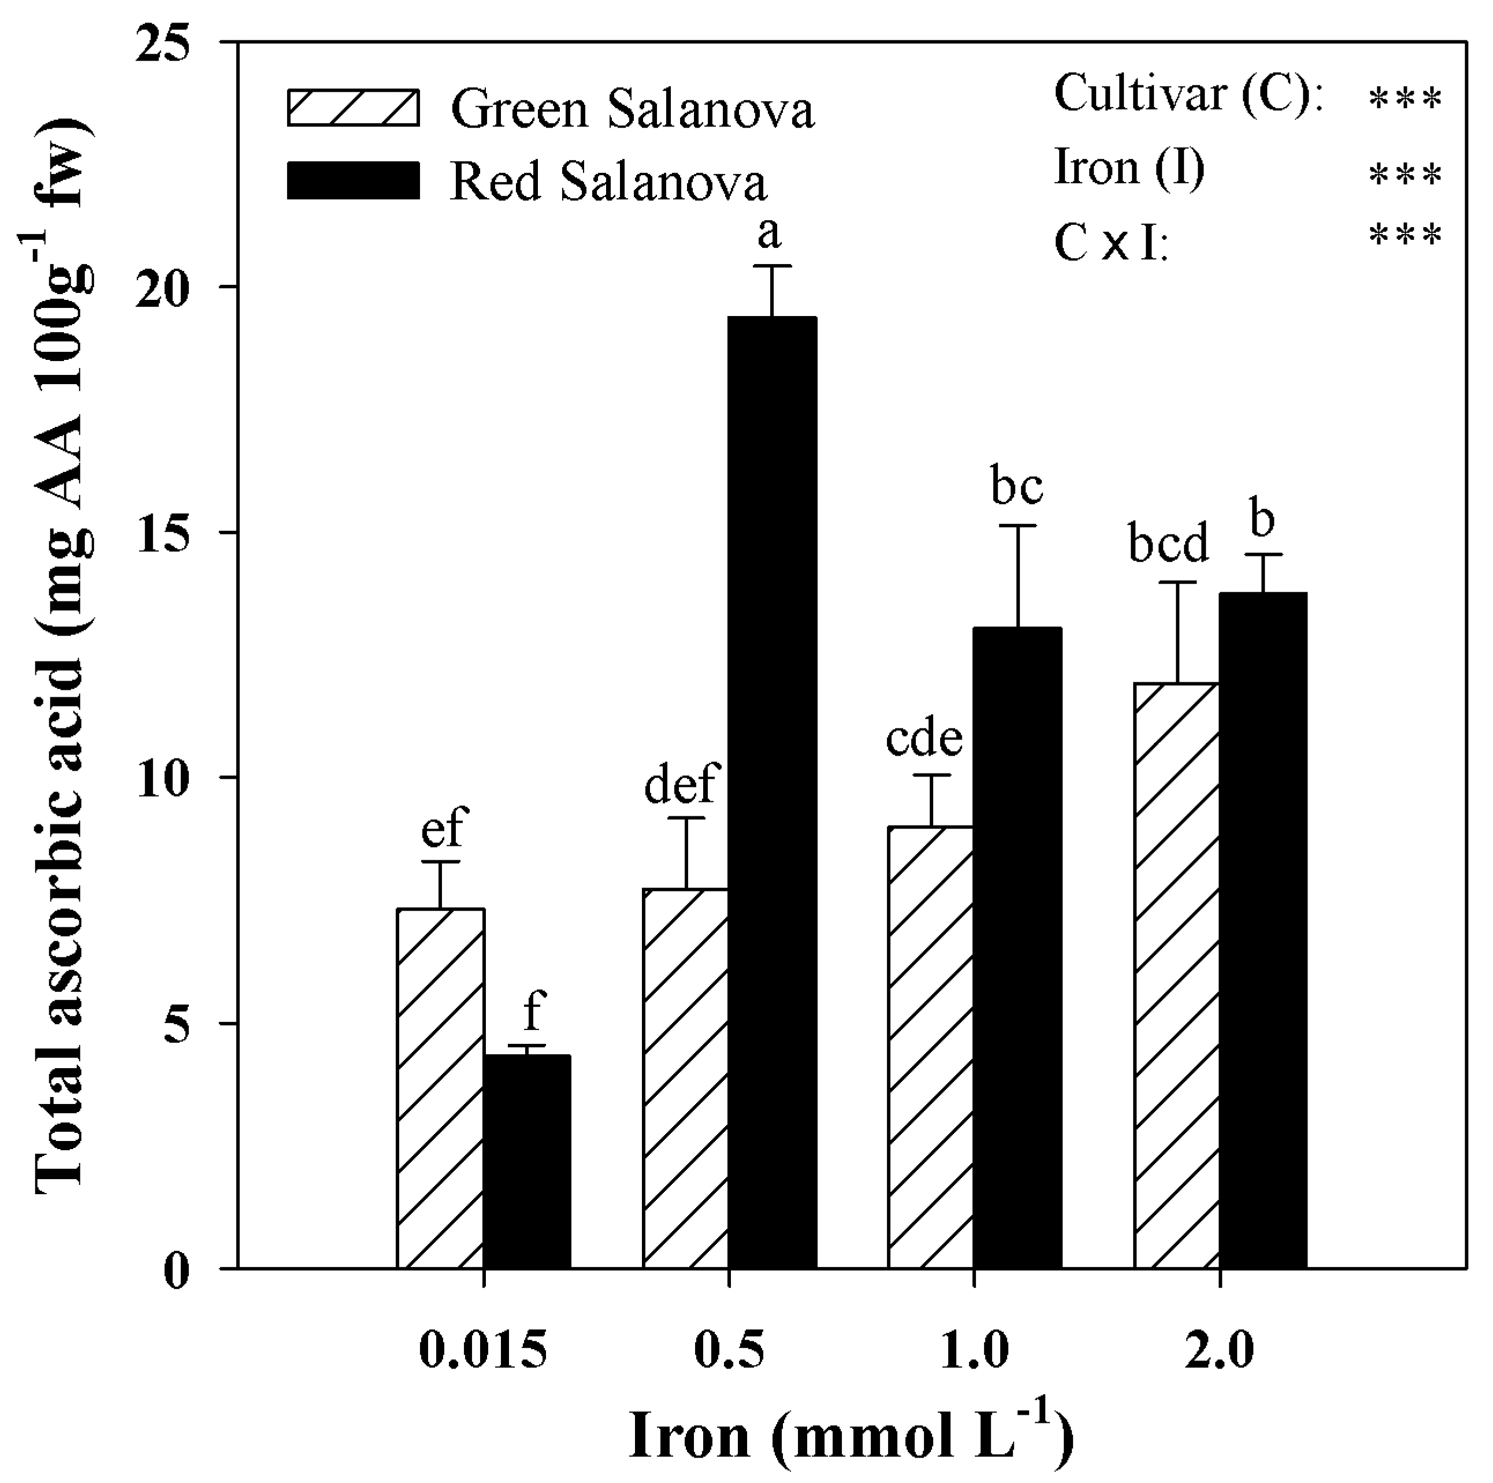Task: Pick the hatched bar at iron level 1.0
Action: (x=930, y=1047)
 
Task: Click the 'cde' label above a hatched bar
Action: (x=924, y=737)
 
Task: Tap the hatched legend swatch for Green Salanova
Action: (x=353, y=108)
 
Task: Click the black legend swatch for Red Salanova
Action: (x=353, y=181)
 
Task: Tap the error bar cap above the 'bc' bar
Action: (x=1017, y=526)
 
